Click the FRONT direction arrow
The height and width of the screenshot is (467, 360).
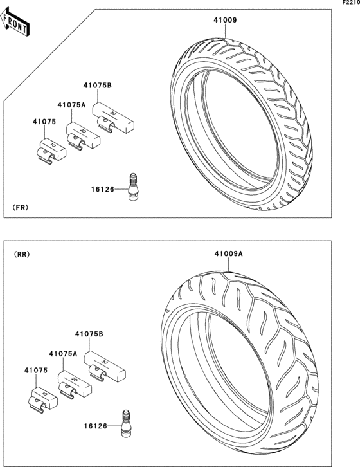point(14,22)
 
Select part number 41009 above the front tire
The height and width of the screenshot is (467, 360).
point(225,20)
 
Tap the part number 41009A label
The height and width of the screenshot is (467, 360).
point(229,253)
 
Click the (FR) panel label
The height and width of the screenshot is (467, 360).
point(21,208)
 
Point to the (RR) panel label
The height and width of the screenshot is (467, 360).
point(22,254)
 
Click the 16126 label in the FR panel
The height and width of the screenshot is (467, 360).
point(103,189)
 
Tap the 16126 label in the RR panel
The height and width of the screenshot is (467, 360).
point(95,426)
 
